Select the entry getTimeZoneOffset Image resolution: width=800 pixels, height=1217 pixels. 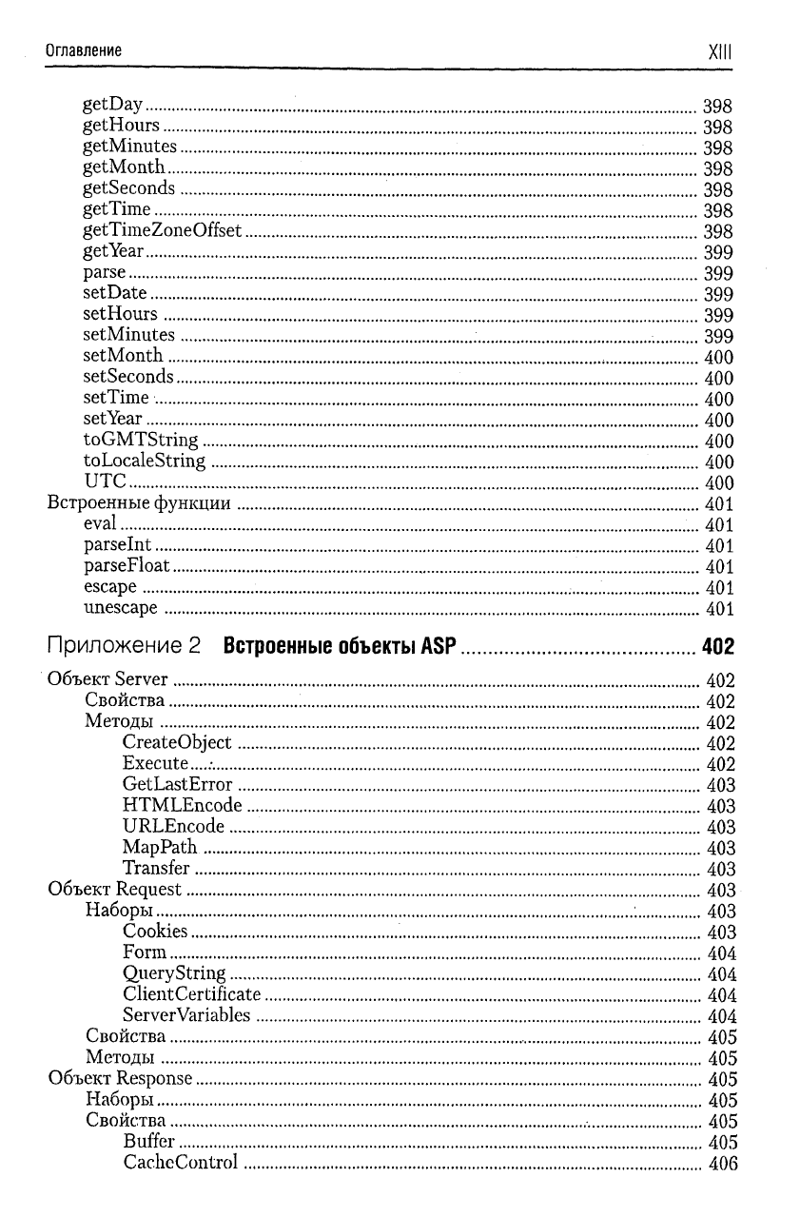[x=163, y=231]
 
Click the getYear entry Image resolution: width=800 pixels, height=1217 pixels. [x=113, y=252]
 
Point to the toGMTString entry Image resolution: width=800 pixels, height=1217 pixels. [x=141, y=440]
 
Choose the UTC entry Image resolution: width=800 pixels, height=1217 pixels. [x=105, y=481]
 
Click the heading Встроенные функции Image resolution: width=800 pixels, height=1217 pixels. [x=139, y=503]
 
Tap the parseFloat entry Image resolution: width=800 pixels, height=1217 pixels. [x=127, y=566]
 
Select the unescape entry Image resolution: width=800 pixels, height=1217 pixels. [x=121, y=608]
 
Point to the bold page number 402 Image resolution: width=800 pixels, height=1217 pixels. [x=718, y=649]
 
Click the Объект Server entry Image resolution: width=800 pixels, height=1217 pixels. [x=107, y=679]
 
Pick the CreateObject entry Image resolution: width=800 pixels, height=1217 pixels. [x=177, y=742]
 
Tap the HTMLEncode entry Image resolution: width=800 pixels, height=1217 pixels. [x=183, y=806]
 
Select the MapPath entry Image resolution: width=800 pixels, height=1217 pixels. [x=160, y=848]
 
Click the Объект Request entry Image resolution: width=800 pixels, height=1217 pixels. [x=114, y=890]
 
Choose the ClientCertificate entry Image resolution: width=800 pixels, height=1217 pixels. [x=191, y=994]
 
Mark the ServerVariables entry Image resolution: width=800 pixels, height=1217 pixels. [x=186, y=1015]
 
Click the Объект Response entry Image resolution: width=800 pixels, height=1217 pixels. [x=120, y=1078]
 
